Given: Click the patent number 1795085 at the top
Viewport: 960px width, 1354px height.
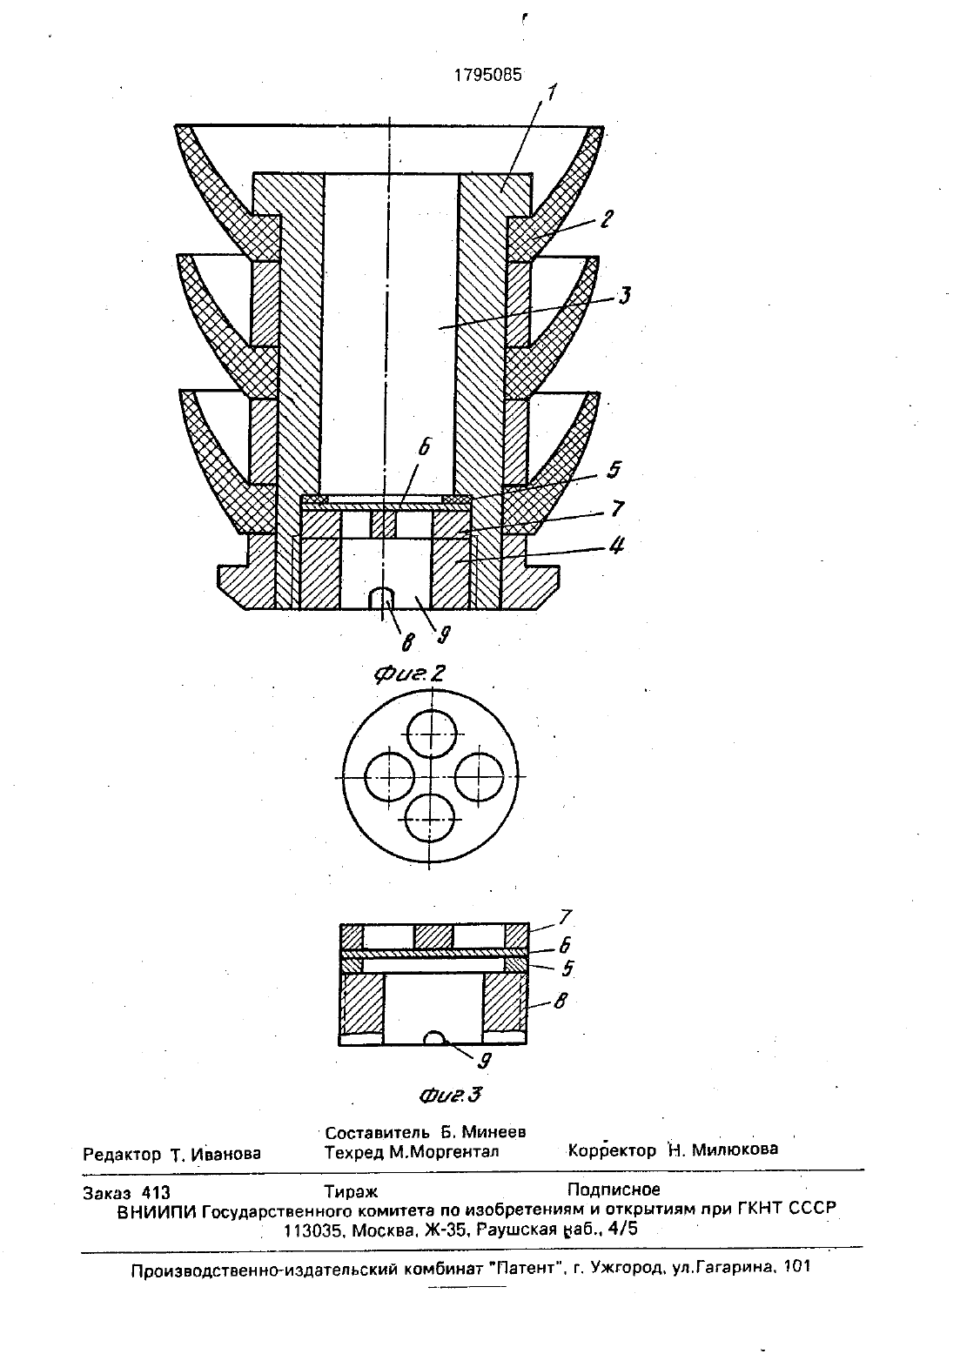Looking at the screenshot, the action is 488,75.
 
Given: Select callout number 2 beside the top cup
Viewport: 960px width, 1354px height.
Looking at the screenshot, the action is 607,218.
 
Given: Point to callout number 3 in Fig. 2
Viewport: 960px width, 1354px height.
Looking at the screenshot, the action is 624,296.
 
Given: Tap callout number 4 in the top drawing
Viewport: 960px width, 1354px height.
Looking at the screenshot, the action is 616,546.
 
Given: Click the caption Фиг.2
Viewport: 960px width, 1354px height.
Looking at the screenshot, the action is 410,674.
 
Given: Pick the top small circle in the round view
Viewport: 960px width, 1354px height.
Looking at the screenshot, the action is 432,734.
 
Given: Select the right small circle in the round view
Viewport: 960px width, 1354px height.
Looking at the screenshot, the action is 479,777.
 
